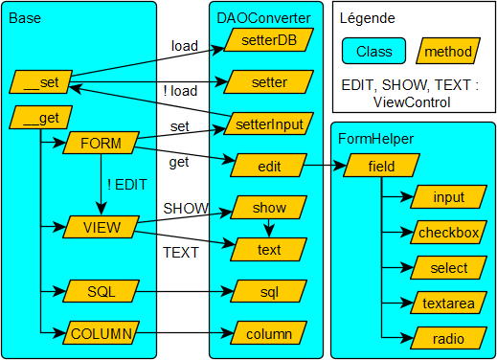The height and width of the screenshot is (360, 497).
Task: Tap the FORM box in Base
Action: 101,144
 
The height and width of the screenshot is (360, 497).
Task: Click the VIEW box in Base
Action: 101,227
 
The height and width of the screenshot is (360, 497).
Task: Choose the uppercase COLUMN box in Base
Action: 101,333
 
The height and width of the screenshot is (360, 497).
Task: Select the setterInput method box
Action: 269,123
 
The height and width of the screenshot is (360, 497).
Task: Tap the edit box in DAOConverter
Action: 269,165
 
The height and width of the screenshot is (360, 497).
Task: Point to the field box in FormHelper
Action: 380,166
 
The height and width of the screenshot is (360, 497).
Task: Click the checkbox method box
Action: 448,233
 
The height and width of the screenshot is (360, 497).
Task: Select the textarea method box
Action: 448,303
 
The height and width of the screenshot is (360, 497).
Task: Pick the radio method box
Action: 448,339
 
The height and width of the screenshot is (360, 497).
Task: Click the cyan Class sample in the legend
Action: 373,52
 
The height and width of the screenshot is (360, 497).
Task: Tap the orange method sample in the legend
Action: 447,52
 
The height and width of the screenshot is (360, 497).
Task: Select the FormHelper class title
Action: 375,138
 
